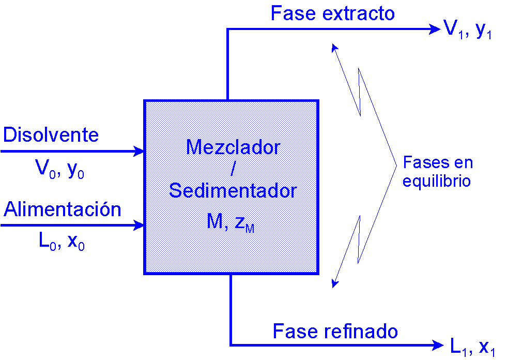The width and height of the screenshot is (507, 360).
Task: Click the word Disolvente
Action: coord(51,135)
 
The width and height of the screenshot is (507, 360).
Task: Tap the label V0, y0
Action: coord(59,169)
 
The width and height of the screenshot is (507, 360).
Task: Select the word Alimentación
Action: coord(63,209)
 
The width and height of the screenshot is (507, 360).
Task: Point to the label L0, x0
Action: coord(62,242)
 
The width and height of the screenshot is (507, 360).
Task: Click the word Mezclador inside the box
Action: coord(233,147)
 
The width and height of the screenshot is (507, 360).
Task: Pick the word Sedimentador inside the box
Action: coord(233,191)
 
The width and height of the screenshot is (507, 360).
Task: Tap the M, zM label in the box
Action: coord(231,222)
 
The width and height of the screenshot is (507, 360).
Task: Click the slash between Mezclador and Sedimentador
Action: coord(233,169)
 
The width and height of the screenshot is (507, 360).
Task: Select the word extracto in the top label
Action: coord(358,13)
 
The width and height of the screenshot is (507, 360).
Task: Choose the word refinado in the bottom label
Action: coord(361,331)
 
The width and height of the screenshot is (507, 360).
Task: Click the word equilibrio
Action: coord(437,182)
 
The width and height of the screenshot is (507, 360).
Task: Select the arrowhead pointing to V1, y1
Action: coord(434,29)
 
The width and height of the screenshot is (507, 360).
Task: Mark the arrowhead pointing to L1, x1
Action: coord(437,344)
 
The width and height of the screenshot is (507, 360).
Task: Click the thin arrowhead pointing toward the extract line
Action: coord(334,47)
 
